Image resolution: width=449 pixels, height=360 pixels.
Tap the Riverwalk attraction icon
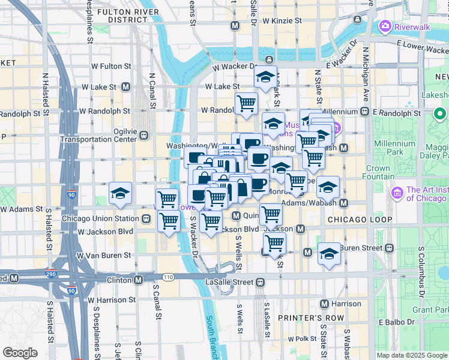[384, 26]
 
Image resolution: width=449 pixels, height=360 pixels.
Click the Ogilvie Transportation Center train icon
[145, 135]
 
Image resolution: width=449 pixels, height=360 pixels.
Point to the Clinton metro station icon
[139, 280]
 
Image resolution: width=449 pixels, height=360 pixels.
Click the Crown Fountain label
[378, 173]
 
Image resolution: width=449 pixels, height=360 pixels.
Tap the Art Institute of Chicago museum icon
[396, 193]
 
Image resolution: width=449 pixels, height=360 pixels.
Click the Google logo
[20, 352]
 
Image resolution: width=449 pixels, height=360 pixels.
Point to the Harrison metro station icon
[325, 304]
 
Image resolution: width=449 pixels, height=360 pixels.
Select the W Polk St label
[302, 339]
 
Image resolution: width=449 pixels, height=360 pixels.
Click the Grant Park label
[430, 310]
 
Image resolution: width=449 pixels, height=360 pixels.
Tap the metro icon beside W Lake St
[126, 86]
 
